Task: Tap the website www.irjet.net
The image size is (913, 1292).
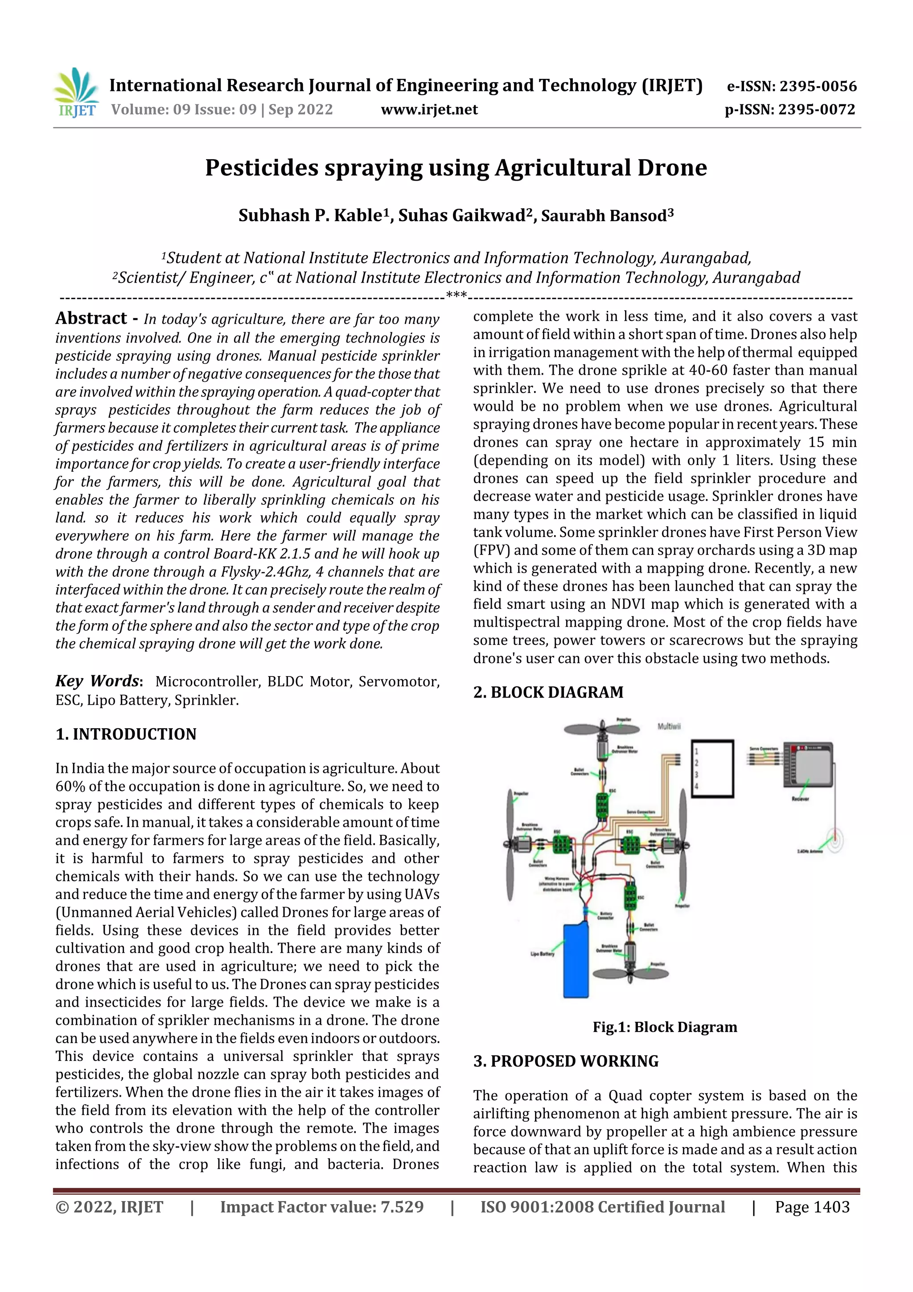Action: tap(429, 110)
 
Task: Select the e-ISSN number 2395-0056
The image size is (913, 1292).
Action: tap(817, 86)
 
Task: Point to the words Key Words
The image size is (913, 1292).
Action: tap(97, 681)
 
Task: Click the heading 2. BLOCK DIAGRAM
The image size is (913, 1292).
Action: tap(548, 692)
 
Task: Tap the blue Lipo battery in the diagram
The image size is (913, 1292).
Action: tap(576, 960)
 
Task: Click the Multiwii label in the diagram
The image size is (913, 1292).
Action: tap(669, 726)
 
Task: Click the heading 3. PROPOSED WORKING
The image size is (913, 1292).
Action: tap(566, 1061)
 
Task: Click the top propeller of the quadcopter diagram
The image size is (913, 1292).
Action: tap(602, 729)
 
